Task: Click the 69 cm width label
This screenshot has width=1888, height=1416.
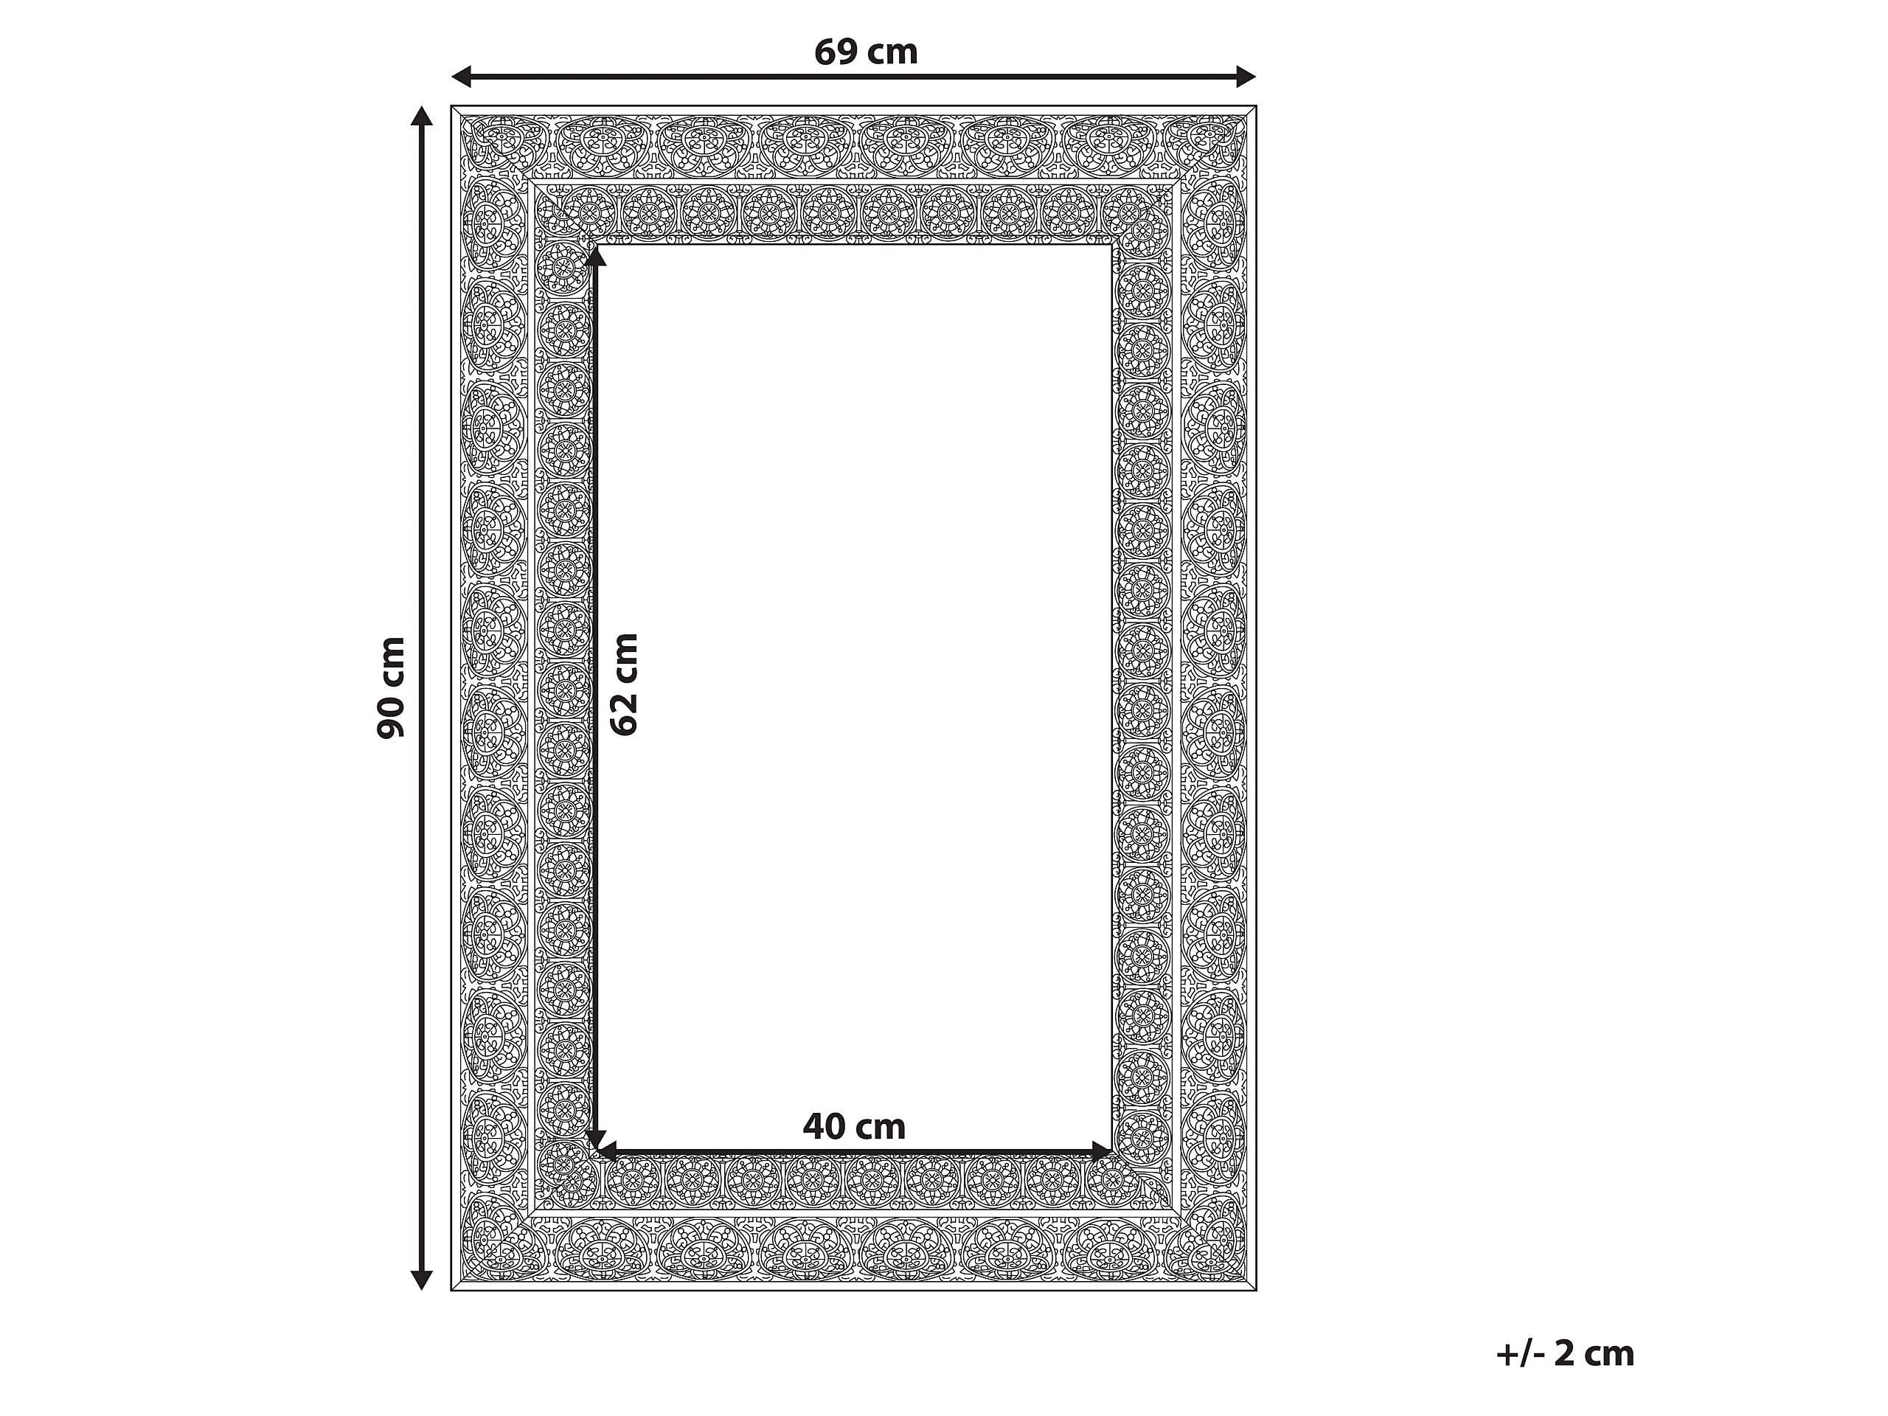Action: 866,52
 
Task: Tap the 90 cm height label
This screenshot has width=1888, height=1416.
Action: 391,687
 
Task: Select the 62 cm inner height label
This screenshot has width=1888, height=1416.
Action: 624,684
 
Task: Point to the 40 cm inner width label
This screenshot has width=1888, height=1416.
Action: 853,1127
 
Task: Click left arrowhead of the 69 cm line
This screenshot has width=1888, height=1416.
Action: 461,77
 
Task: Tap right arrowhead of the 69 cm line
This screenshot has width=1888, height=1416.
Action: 1246,77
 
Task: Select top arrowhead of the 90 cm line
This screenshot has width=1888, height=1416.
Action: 422,116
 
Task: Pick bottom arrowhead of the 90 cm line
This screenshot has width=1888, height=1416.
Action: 422,1280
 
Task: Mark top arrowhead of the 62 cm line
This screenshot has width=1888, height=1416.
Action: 596,254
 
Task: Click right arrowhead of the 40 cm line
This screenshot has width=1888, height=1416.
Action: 1102,1151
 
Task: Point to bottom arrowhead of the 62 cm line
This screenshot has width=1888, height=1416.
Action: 596,1140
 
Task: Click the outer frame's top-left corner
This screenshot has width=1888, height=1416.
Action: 451,107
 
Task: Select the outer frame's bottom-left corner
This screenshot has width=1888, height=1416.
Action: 451,1291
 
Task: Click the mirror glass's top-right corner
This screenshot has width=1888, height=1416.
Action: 1112,244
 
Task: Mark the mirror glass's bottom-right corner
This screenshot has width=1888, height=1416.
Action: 1112,1152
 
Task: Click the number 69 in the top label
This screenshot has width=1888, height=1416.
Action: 836,52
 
